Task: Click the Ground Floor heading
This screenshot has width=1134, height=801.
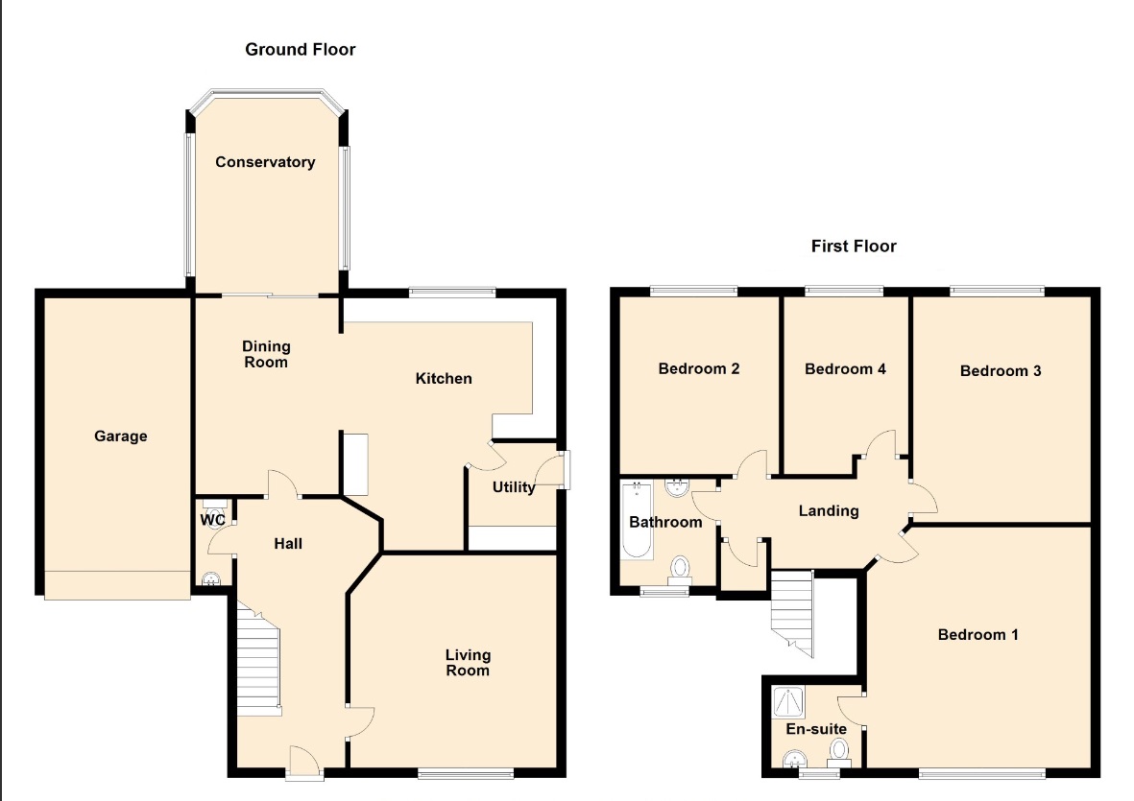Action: click(x=301, y=50)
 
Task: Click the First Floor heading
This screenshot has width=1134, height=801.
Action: click(x=854, y=247)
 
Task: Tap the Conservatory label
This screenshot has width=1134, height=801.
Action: click(x=265, y=162)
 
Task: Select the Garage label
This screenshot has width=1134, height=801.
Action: click(x=121, y=436)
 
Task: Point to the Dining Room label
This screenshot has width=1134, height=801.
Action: click(x=266, y=354)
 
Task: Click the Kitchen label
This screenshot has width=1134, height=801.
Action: click(x=444, y=379)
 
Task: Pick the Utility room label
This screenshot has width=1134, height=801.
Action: click(x=514, y=487)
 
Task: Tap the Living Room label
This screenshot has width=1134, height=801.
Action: click(x=468, y=662)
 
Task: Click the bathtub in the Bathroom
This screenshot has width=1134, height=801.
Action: click(x=638, y=520)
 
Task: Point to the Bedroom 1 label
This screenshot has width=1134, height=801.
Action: click(x=977, y=635)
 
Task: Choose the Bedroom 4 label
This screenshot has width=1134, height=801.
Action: click(x=845, y=369)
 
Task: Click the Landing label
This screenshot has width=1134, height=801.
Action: click(x=829, y=511)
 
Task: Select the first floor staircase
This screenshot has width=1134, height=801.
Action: click(x=792, y=612)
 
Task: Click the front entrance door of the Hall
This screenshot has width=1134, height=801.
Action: click(x=304, y=763)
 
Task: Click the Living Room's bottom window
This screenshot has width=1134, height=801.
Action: click(x=466, y=774)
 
